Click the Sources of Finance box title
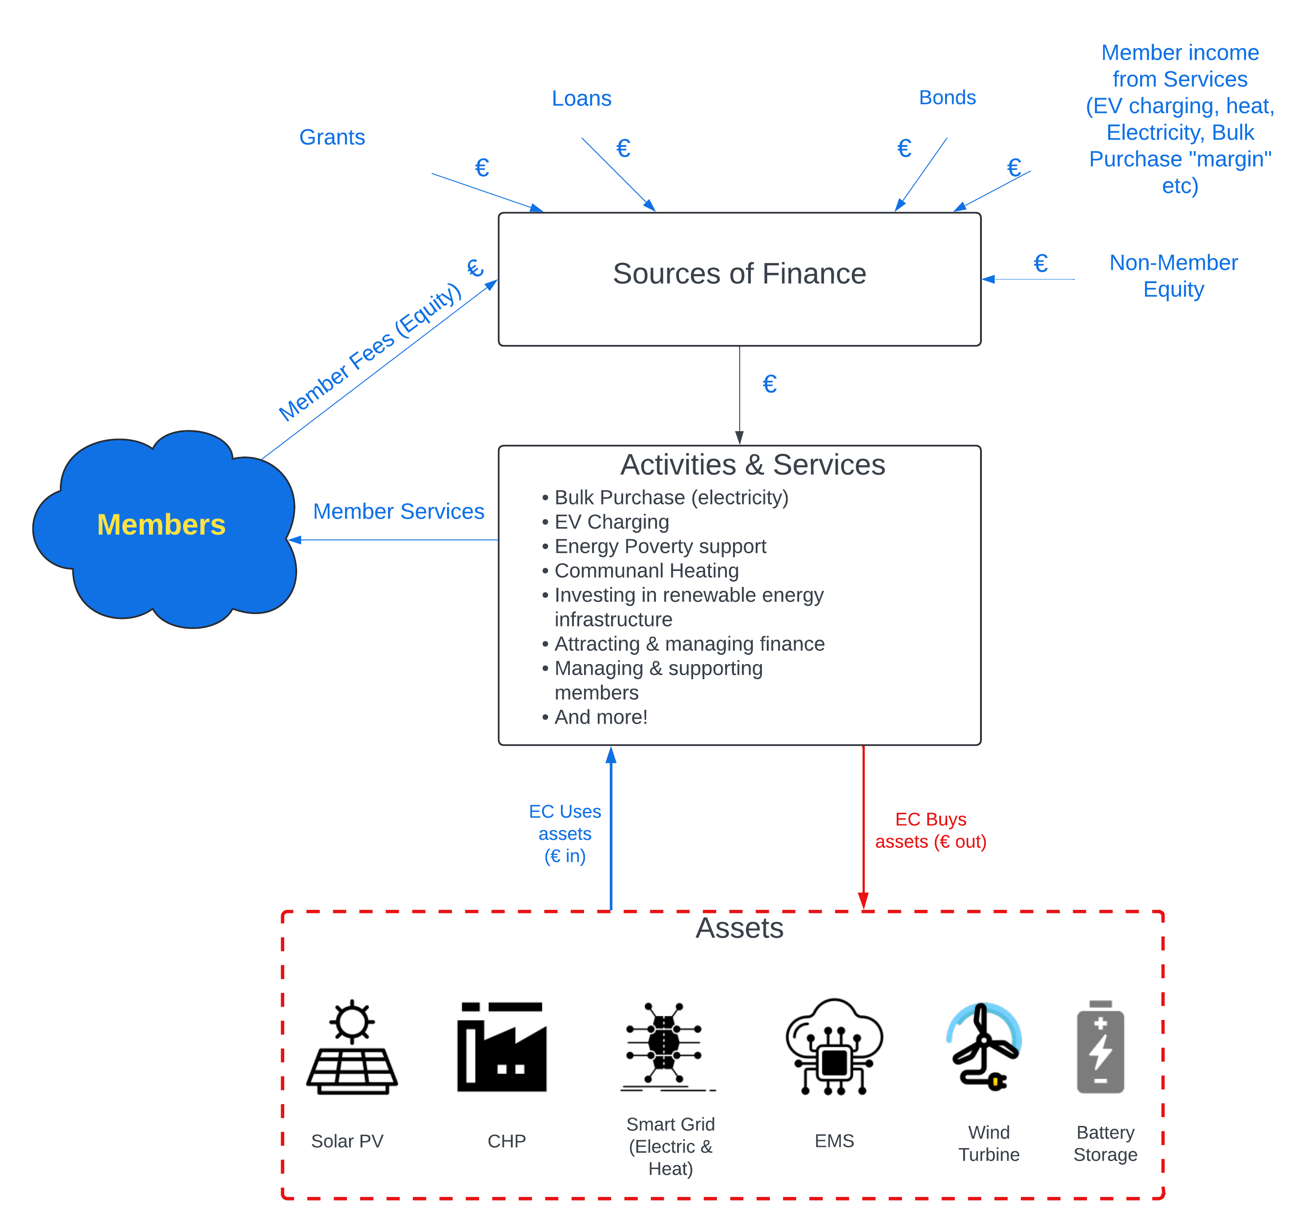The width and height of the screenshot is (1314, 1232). (739, 274)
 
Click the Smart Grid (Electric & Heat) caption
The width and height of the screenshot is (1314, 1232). (670, 1146)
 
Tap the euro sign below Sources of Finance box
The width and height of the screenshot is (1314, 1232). (769, 384)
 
